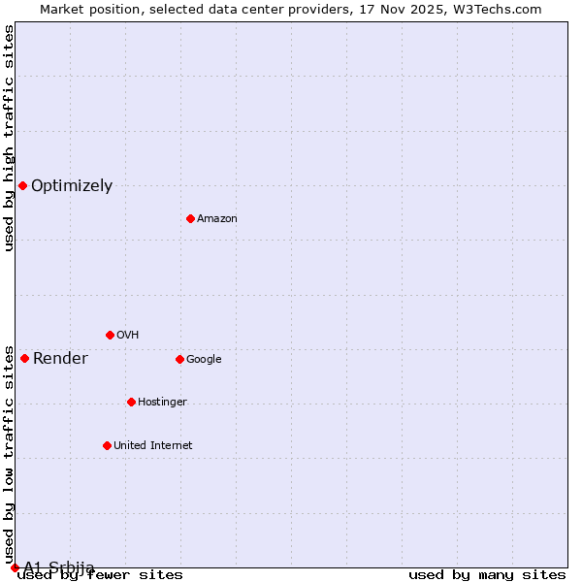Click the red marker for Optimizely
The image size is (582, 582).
click(22, 185)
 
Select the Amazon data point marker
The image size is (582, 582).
click(190, 218)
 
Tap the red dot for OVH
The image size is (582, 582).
click(110, 335)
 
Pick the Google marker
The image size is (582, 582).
click(179, 359)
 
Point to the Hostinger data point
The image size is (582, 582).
click(131, 402)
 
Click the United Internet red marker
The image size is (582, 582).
click(107, 445)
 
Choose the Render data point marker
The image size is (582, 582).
click(24, 358)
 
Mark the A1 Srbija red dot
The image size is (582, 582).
click(15, 567)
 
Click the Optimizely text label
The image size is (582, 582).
click(72, 186)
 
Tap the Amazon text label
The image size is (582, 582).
click(217, 219)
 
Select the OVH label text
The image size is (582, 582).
click(128, 336)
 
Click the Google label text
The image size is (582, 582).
click(204, 360)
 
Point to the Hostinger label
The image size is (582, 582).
click(162, 403)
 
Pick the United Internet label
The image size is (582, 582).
click(152, 446)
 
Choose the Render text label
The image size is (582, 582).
click(60, 359)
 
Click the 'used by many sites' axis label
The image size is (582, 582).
click(487, 575)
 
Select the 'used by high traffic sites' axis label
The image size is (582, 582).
click(10, 138)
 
